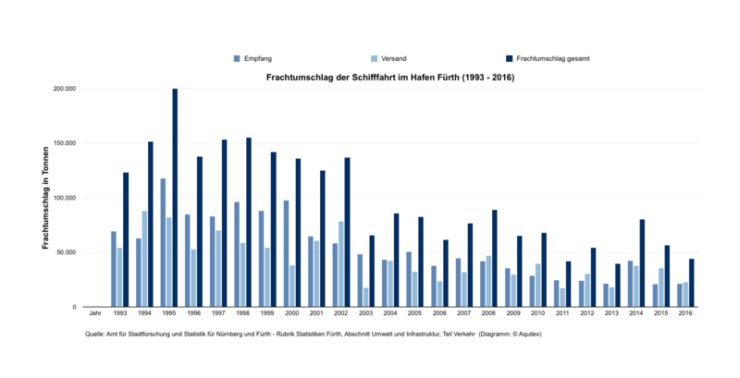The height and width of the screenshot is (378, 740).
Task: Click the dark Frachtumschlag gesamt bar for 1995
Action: pyautogui.click(x=175, y=198)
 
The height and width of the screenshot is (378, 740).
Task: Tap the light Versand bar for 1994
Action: pyautogui.click(x=144, y=259)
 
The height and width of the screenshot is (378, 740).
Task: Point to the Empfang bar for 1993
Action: pyautogui.click(x=114, y=269)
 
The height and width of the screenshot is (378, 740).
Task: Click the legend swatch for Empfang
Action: pyautogui.click(x=237, y=58)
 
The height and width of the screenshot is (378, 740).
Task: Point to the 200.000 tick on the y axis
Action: pyautogui.click(x=89, y=90)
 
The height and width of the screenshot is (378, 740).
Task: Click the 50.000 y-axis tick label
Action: pyautogui.click(x=91, y=252)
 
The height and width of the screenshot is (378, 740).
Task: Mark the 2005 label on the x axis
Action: pyautogui.click(x=415, y=314)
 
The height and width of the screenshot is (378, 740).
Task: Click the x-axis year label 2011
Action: pyautogui.click(x=562, y=314)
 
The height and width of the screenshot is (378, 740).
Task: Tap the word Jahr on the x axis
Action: pyautogui.click(x=94, y=314)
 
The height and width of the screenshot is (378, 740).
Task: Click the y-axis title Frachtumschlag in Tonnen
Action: pyautogui.click(x=45, y=197)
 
